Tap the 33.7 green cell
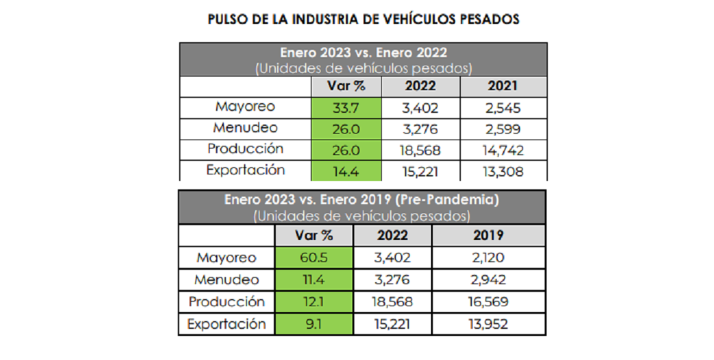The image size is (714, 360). click(346, 108)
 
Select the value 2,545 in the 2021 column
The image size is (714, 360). click(502, 108)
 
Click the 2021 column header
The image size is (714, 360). click(502, 86)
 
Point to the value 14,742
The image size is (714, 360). click(502, 150)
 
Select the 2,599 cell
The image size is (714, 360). click(502, 129)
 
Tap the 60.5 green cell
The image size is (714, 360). click(314, 258)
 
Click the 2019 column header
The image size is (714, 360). click(488, 235)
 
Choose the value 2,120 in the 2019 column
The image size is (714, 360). click(488, 258)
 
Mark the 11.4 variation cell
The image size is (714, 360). click(314, 280)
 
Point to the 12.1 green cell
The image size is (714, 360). click(314, 302)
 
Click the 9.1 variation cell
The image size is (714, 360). click(314, 324)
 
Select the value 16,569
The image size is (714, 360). click(488, 302)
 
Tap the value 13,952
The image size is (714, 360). click(488, 324)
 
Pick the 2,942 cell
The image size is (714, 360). click(488, 280)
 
